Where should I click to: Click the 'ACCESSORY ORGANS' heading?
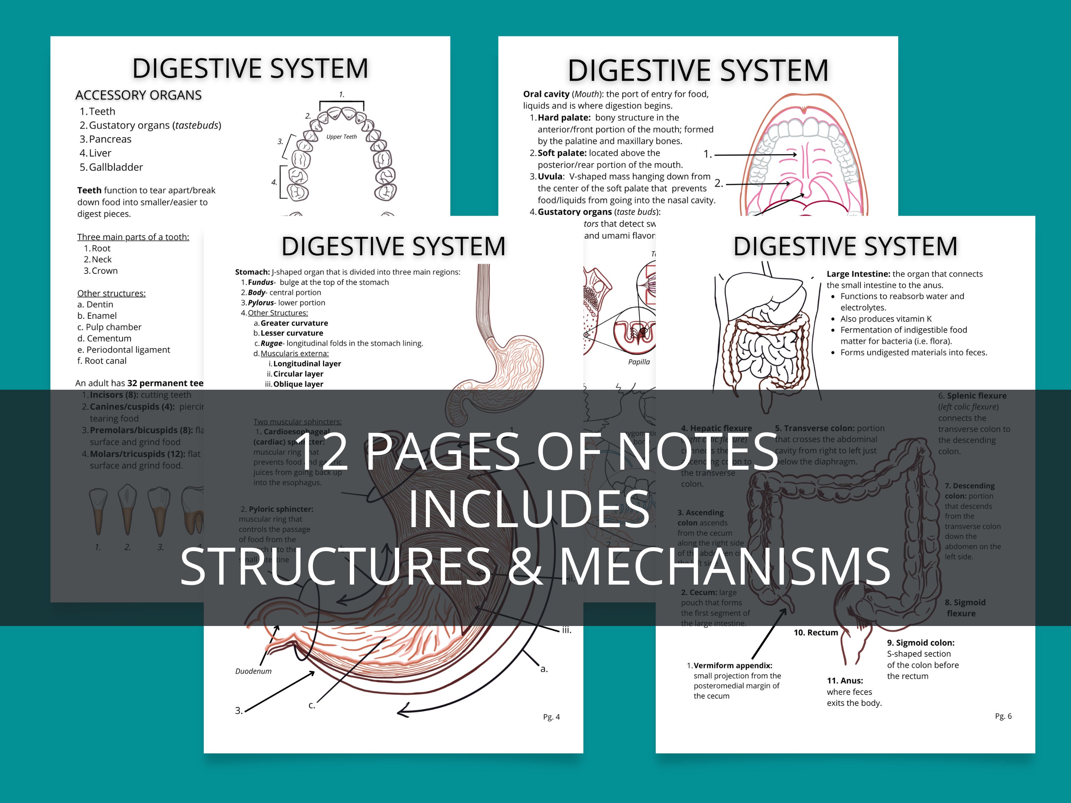(138, 95)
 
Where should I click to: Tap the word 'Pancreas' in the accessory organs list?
(110, 140)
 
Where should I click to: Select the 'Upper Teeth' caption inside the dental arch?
(341, 137)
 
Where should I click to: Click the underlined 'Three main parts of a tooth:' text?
(133, 237)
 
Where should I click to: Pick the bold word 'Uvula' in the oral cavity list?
(550, 177)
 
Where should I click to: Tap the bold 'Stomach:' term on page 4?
(252, 272)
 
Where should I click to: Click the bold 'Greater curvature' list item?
(294, 323)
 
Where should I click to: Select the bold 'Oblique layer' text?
(298, 384)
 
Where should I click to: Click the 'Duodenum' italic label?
(253, 671)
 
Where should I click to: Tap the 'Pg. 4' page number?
(551, 717)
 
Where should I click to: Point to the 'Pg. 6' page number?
(1003, 716)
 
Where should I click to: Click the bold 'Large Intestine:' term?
(858, 274)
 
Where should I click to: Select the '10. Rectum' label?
(815, 633)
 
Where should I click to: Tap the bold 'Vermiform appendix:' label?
(733, 666)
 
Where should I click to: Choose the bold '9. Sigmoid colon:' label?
(920, 643)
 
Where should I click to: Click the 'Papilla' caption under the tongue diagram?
(639, 362)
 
